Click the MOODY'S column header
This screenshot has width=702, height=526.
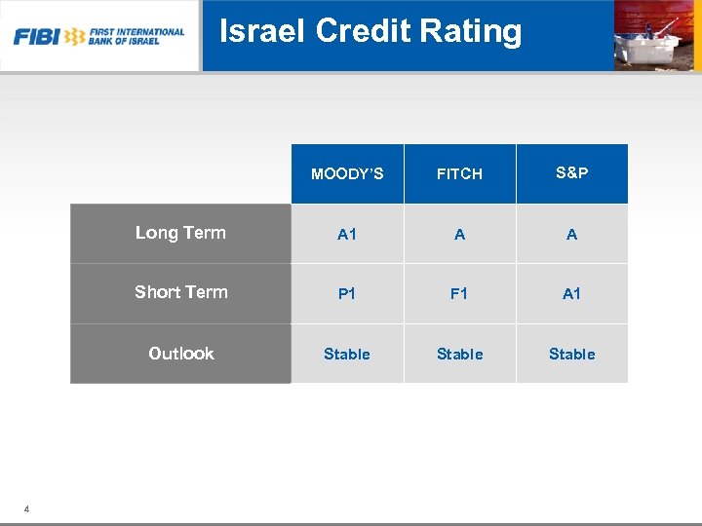coord(347,174)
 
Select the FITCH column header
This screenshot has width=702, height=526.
coord(459,174)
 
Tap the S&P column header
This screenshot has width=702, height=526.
coord(571,173)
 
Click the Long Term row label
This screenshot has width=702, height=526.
coord(180,233)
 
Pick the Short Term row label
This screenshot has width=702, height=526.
coord(180,292)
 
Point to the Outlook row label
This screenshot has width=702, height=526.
coord(180,354)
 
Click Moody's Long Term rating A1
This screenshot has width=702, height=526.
coord(347,235)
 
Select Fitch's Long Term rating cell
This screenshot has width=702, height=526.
coord(459,235)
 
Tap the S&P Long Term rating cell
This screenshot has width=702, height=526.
coord(571,235)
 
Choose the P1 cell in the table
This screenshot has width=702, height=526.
coord(347,294)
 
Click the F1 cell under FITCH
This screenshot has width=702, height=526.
coord(459,294)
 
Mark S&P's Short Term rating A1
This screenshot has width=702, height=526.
coord(571,294)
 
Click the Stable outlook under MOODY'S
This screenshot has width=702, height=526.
coord(347,355)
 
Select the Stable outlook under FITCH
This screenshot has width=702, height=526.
coord(459,355)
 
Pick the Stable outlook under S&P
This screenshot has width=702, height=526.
coord(571,355)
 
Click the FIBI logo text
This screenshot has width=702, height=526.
coord(36,37)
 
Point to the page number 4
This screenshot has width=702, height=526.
coord(26,508)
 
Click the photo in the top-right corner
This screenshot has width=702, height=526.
coord(656,35)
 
